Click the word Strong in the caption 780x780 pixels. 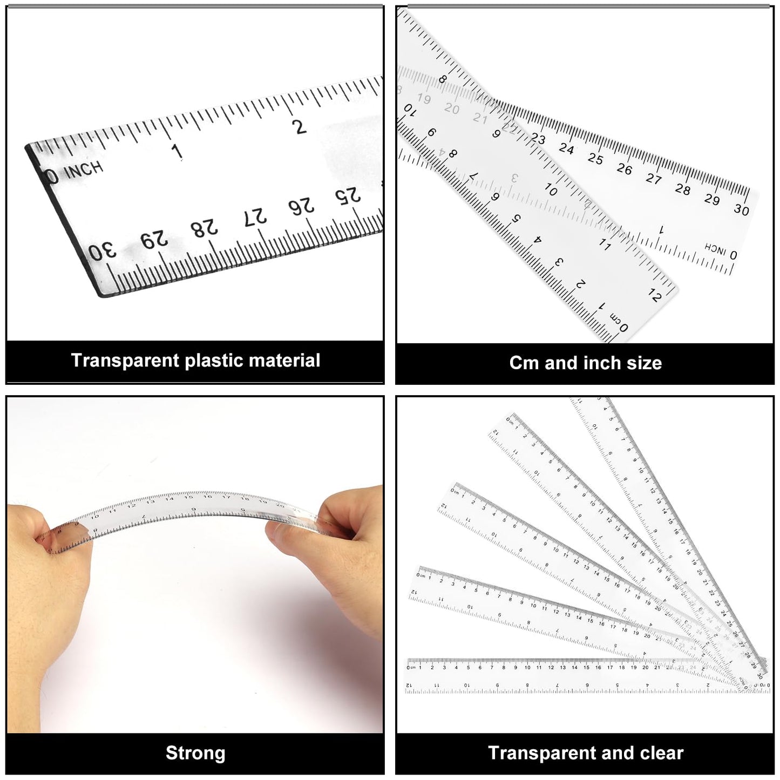pyautogui.click(x=195, y=753)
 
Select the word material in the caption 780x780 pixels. pyautogui.click(x=289, y=361)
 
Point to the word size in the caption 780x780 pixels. pyautogui.click(x=644, y=363)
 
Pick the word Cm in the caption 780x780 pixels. pyautogui.click(x=524, y=363)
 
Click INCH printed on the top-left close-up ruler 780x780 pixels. pyautogui.click(x=84, y=171)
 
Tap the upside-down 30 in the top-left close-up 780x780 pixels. pyautogui.click(x=103, y=252)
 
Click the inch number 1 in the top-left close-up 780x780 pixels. pyautogui.click(x=177, y=152)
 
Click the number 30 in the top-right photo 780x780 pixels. pyautogui.click(x=742, y=209)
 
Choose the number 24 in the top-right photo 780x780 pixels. pyautogui.click(x=566, y=148)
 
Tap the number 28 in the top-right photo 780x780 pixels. pyautogui.click(x=683, y=189)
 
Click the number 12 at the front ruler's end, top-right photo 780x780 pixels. pyautogui.click(x=654, y=295)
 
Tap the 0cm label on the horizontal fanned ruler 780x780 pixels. pyautogui.click(x=411, y=667)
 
